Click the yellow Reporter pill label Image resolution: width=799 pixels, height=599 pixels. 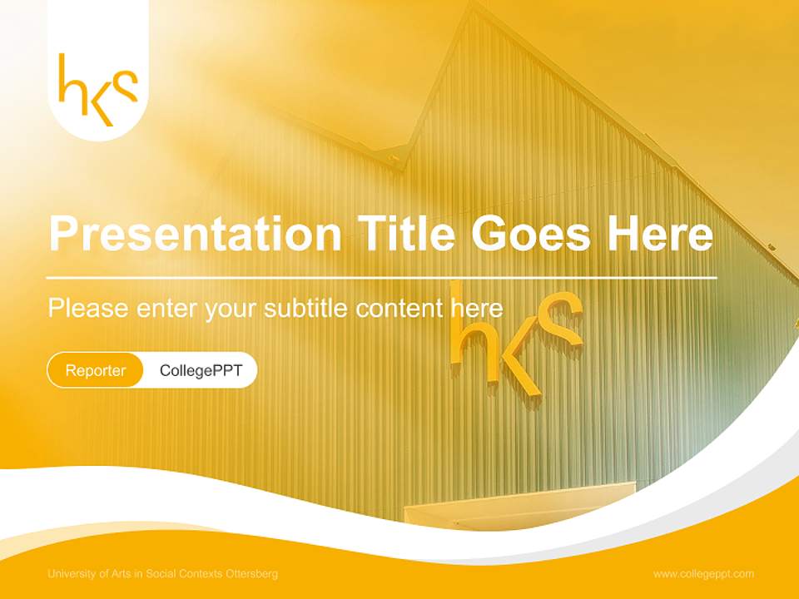tap(96, 370)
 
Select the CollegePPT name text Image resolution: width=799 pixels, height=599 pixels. tap(201, 370)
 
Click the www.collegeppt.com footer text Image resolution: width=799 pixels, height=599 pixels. tap(703, 574)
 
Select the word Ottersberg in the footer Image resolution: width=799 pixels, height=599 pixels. tap(253, 574)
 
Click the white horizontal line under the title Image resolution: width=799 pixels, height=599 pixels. tap(382, 277)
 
